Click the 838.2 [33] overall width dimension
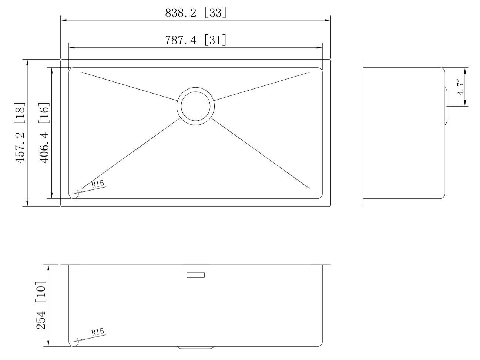[195, 13]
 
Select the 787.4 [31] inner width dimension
[195, 40]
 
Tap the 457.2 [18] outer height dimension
[20, 133]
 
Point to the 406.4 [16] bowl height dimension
[44, 133]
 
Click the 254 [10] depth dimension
[41, 305]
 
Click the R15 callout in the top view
[98, 184]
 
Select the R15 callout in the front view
[98, 332]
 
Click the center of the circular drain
[195, 106]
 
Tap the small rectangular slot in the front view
[195, 275]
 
